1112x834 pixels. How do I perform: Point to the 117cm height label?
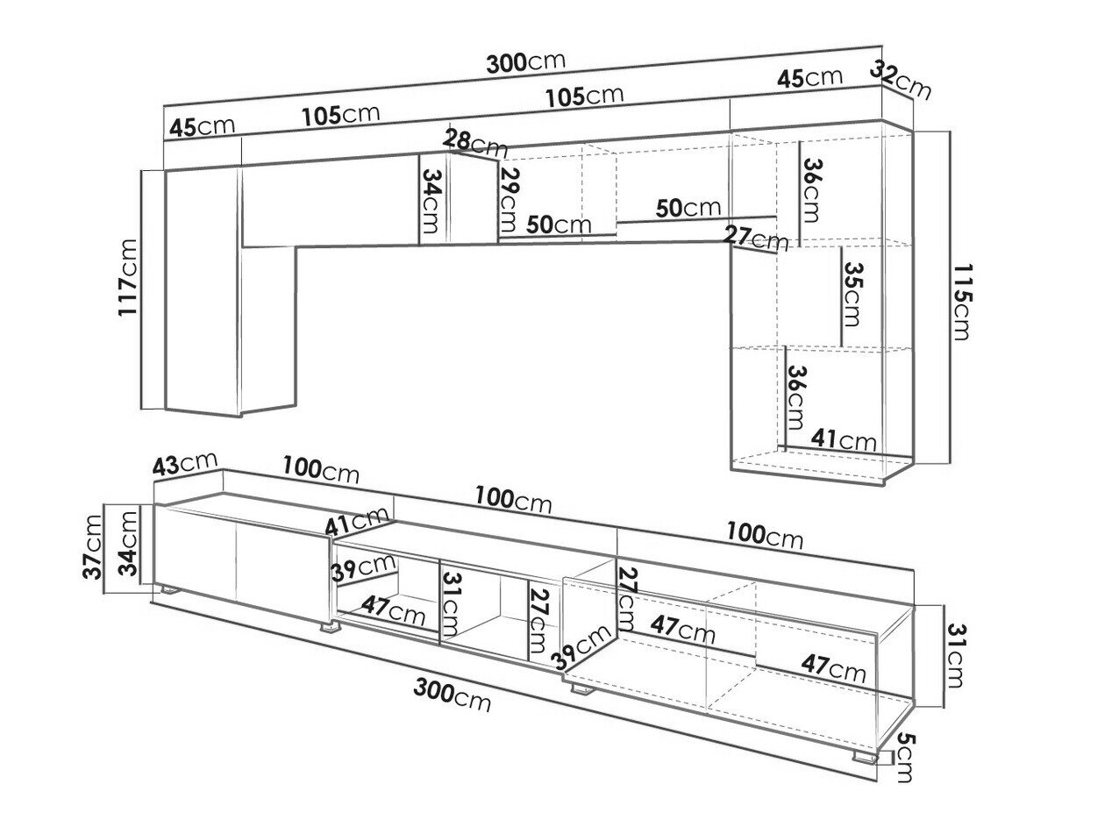(130, 276)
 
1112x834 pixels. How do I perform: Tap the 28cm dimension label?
(474, 140)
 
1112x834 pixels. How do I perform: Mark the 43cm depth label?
(184, 464)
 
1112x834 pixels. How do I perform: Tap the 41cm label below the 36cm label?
(843, 438)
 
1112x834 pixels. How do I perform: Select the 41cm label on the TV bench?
(357, 522)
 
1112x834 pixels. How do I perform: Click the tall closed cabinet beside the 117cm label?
(202, 289)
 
